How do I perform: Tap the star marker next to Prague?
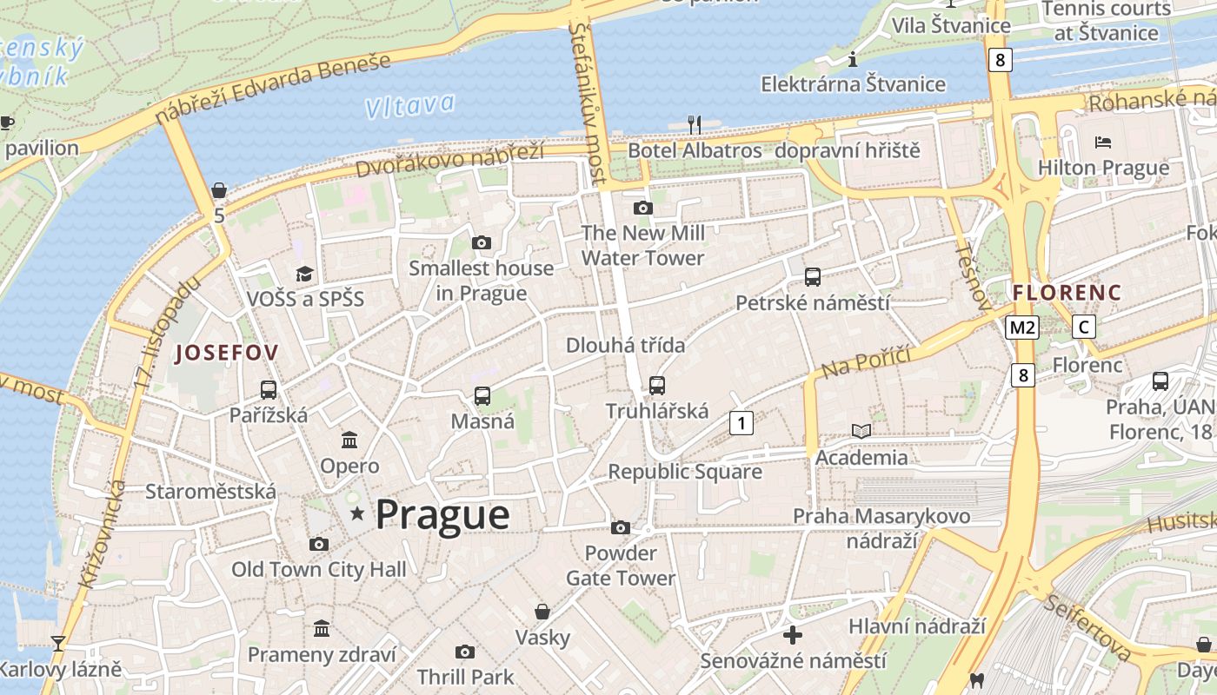[x=356, y=514]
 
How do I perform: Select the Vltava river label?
[x=409, y=106]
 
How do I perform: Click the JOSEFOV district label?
[x=227, y=353]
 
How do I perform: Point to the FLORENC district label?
[x=1067, y=292]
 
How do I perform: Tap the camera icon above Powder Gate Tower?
[x=621, y=527]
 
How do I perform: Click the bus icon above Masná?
[x=482, y=396]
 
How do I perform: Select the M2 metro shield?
[x=1022, y=328]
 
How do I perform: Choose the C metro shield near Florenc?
[x=1083, y=328]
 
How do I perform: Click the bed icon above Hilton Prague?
[x=1103, y=142]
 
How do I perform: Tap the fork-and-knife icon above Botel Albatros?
[x=694, y=124]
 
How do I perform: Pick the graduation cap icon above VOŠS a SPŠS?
[x=304, y=275]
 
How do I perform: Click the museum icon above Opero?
[x=349, y=440]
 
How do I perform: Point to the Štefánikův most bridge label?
[x=589, y=100]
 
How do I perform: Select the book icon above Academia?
[x=861, y=431]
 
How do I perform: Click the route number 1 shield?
[x=741, y=423]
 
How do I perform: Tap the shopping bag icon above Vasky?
[x=542, y=612]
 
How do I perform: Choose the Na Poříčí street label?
[x=865, y=361]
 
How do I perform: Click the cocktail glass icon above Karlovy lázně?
[x=58, y=644]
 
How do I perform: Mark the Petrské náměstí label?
[x=812, y=303]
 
